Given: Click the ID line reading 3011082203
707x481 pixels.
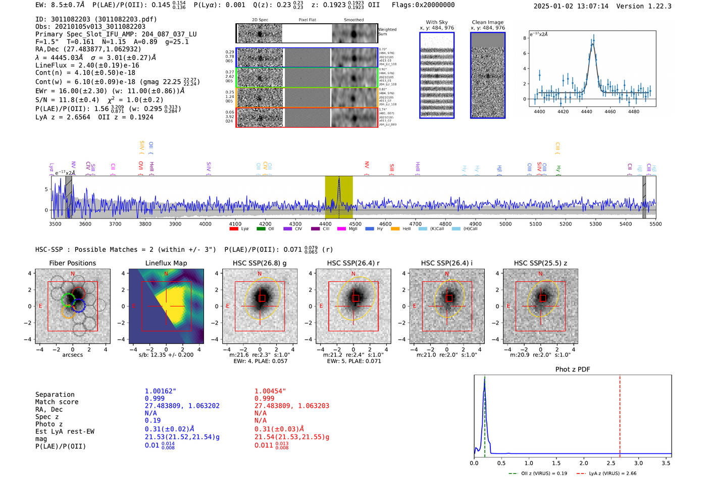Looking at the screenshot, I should pos(96,19).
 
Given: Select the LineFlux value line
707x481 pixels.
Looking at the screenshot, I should pos(87,65).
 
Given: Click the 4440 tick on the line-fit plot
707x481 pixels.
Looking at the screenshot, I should pos(586,112).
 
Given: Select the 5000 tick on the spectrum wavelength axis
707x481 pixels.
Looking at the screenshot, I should pos(506,224).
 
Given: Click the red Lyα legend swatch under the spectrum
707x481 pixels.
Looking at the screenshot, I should pos(234,229).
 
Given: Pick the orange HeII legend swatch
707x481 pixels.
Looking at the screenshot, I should pos(395,229).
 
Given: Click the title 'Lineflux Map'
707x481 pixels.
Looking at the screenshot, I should pos(166,263).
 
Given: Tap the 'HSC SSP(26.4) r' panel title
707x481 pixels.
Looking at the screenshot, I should pos(353,263).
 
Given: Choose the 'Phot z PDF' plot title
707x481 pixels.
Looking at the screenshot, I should pos(573,369).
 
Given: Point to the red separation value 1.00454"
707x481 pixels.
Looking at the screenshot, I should pos(270,391).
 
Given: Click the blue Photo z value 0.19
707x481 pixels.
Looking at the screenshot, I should pos(153,420).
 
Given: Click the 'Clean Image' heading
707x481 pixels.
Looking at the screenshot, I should pos(487,22).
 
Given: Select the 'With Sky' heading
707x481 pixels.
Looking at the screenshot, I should pos(436,22).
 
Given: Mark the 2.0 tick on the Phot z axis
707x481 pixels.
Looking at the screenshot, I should pos(584,463).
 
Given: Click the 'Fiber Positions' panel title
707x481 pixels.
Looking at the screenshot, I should pos(72,263).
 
